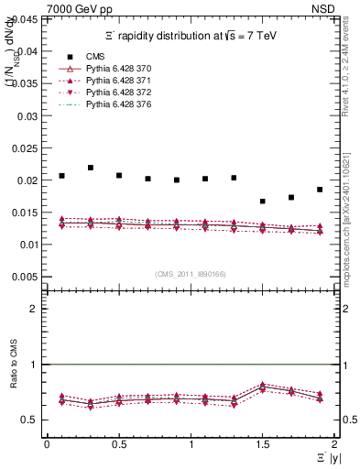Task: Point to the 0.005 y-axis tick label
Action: (x=25, y=277)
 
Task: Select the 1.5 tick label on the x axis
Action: (x=262, y=443)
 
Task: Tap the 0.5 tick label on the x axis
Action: (x=118, y=443)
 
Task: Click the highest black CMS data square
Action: (x=91, y=168)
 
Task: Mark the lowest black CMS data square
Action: (x=262, y=202)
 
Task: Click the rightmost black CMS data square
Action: (x=320, y=190)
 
